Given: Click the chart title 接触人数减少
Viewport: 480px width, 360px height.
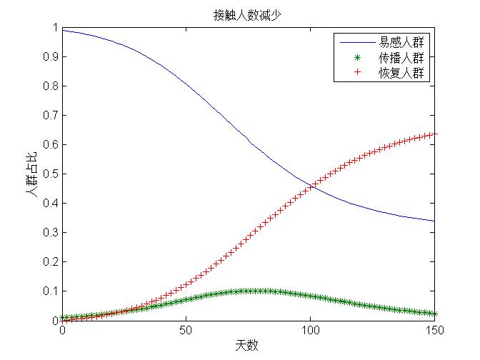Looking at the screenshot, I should tap(249, 14).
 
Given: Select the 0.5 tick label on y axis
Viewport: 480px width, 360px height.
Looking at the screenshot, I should tap(49, 174).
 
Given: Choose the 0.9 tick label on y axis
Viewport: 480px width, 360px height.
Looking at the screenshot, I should tap(49, 56).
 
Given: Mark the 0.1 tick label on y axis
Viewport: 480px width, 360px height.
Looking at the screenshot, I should tap(49, 291).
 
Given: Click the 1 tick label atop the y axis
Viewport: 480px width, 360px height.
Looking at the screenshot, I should tap(54, 27).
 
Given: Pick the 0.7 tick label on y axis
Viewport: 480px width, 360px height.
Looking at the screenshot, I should tap(49, 115).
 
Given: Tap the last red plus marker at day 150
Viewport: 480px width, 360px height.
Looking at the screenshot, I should tap(434, 134).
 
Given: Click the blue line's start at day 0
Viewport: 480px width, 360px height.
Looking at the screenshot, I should tap(63, 30).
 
